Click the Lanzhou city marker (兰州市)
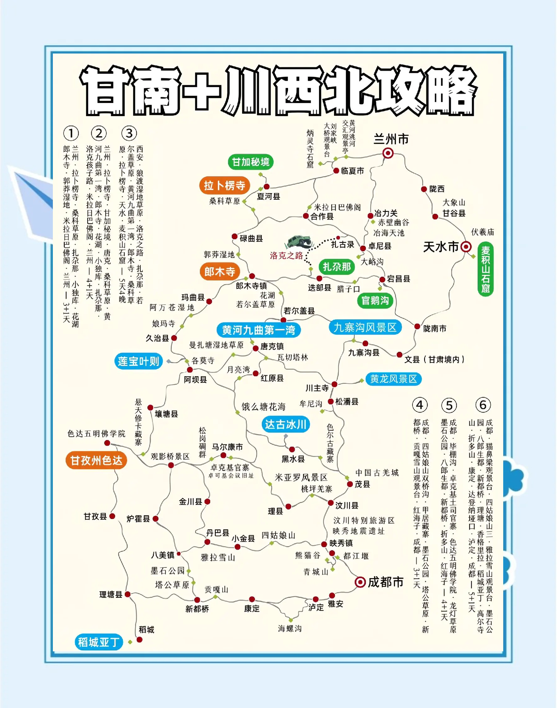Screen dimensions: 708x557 pos(388,153)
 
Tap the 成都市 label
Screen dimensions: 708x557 pos(386,582)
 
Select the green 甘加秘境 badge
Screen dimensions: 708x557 pos(251,162)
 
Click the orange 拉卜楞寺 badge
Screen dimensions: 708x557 pos(224,185)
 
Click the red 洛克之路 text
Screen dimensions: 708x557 pos(286,255)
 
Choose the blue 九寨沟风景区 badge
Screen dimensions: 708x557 pos(365,327)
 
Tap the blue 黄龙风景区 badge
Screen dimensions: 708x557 pos(393,379)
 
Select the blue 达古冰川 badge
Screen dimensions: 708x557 pos(285,424)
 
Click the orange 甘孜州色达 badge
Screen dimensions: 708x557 pos(96,460)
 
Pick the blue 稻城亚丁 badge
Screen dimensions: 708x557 pos(99,642)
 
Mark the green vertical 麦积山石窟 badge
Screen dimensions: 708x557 pos(485,269)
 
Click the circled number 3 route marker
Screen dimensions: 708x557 pos(129,133)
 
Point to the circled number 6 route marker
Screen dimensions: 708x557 pos(483,405)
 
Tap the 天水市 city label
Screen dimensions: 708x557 pos(441,247)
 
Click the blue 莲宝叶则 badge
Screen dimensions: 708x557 pos(138,361)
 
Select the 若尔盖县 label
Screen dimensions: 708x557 pos(299,311)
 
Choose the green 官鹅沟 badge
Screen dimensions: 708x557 pos(375,300)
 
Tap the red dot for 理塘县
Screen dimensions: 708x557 pos(128,594)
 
